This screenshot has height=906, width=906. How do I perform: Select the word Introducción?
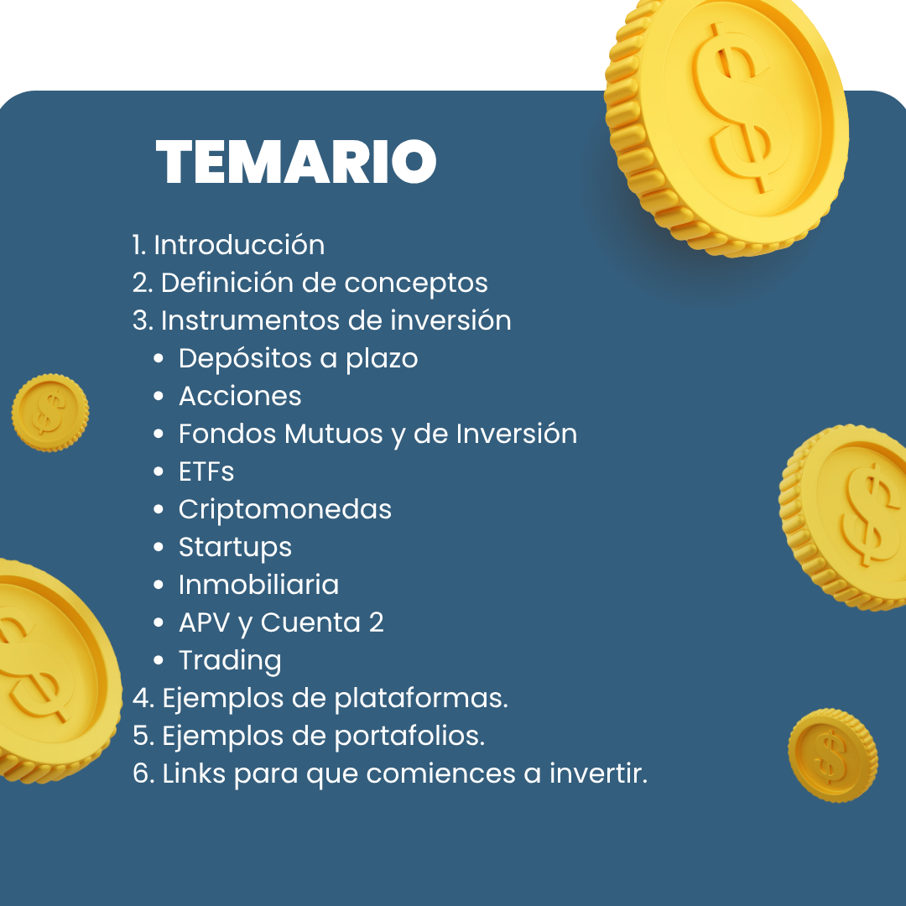point(239,245)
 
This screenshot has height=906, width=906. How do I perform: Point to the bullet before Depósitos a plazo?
point(159,359)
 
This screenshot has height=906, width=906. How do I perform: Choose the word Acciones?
point(240,396)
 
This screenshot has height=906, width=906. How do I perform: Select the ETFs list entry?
point(206,471)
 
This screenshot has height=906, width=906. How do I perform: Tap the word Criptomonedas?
point(285,509)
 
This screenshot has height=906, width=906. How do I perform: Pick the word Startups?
point(235,547)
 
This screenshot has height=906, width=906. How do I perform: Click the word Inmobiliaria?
point(258,585)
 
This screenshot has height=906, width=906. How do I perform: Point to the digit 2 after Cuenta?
point(376,622)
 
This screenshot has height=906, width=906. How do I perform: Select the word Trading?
point(230,660)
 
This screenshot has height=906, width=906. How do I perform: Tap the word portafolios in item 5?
point(409,736)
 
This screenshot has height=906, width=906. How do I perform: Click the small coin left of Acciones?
point(49,413)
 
